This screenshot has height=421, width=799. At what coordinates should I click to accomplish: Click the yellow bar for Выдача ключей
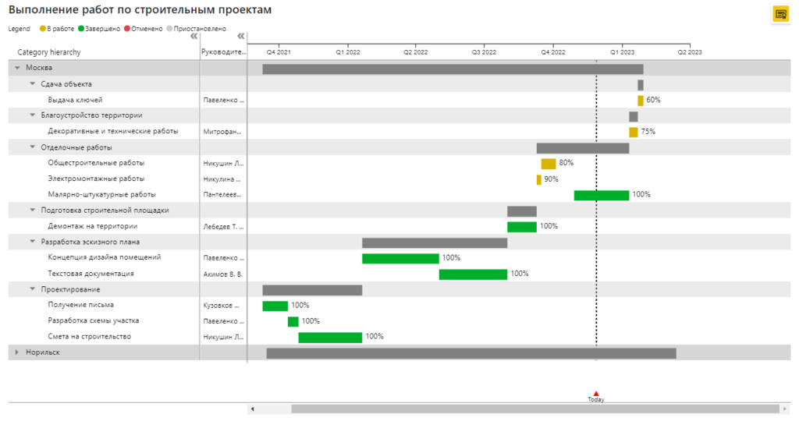coord(641,101)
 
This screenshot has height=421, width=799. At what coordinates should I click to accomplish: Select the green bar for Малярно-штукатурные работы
coord(602,195)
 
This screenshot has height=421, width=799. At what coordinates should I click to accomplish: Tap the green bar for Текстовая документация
coord(473,274)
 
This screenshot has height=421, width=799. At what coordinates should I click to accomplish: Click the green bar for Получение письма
coord(275,306)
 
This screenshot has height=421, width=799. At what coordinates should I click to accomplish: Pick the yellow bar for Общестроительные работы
coord(549,164)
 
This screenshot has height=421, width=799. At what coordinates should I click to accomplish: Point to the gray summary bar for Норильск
coord(471,353)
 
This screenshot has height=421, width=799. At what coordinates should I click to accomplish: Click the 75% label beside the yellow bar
coord(648,131)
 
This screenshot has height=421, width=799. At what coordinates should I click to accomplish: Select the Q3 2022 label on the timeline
coord(484,52)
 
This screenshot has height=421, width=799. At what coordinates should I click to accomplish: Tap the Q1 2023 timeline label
coord(622,52)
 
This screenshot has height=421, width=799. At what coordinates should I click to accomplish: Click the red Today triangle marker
coord(596,394)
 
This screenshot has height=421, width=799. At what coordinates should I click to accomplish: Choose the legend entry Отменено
coord(144,29)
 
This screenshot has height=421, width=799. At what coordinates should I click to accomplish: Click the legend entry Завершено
coord(99,29)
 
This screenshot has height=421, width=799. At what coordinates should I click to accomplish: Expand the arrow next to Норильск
coord(17,352)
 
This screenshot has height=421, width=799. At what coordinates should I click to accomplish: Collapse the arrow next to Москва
coord(17,68)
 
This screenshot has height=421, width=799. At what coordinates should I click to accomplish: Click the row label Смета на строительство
coord(89,337)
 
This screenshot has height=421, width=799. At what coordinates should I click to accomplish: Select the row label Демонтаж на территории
coord(92,226)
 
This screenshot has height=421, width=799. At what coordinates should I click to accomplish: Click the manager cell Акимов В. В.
coord(222,274)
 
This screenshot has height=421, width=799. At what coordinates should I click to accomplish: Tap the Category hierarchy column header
coord(49,52)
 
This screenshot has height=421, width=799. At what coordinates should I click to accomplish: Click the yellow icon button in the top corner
coord(780,14)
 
